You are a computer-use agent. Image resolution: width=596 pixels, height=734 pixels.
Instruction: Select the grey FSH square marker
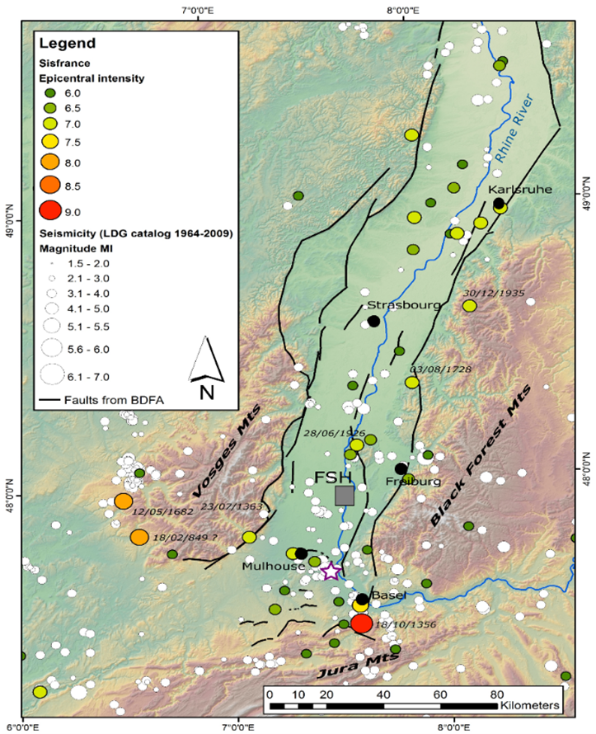(x=345, y=495)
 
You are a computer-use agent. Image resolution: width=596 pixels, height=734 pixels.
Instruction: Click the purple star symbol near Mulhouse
(x=331, y=571)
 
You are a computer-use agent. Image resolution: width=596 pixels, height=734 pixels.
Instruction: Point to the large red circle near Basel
(x=361, y=623)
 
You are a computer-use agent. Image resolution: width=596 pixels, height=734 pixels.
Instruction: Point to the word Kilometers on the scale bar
(x=530, y=706)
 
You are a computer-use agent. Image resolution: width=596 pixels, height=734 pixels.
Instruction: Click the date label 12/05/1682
(x=163, y=512)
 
